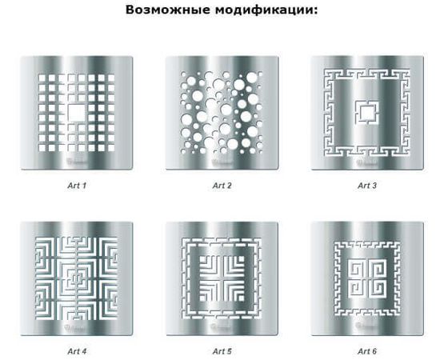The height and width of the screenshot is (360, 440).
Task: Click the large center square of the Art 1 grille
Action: [x=78, y=114]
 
